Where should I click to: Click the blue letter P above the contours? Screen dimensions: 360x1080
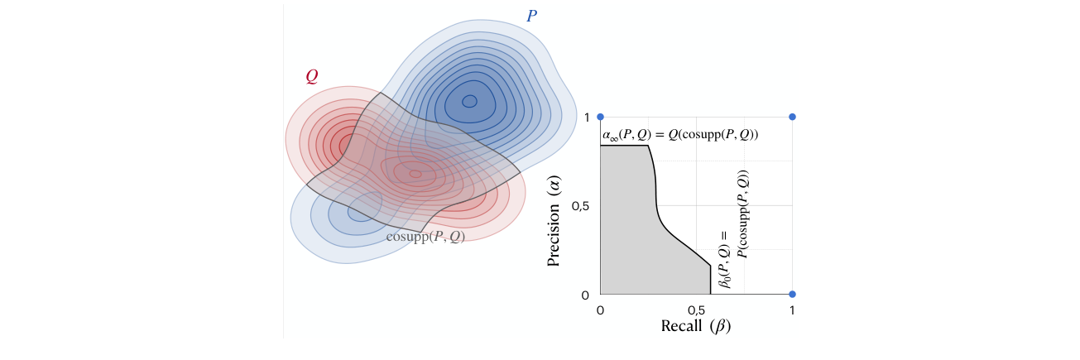pos(532,15)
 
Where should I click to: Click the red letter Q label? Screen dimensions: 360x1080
pos(311,76)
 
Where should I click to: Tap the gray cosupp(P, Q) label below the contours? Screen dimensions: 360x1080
pos(425,236)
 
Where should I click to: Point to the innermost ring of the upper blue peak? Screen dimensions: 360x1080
pos(469,102)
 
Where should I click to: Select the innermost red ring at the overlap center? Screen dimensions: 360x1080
pos(415,174)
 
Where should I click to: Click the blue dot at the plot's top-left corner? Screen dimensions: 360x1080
pos(601,117)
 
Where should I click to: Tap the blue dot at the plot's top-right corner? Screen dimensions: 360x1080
pos(793,117)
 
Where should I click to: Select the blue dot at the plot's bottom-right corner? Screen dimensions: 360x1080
pos(793,294)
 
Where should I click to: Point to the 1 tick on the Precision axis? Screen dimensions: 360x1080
pos(586,118)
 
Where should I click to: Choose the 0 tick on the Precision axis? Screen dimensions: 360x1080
pos(585,295)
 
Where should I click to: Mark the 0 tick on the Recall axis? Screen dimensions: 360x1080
pos(601,310)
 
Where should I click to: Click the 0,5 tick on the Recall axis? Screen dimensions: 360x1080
pos(696,310)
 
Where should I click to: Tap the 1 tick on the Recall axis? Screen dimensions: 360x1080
pos(792,310)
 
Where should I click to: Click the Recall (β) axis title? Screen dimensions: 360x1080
pos(696,326)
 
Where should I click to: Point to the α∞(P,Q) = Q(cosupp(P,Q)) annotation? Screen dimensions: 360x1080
pos(680,134)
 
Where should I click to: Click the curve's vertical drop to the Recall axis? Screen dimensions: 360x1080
pos(710,280)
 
